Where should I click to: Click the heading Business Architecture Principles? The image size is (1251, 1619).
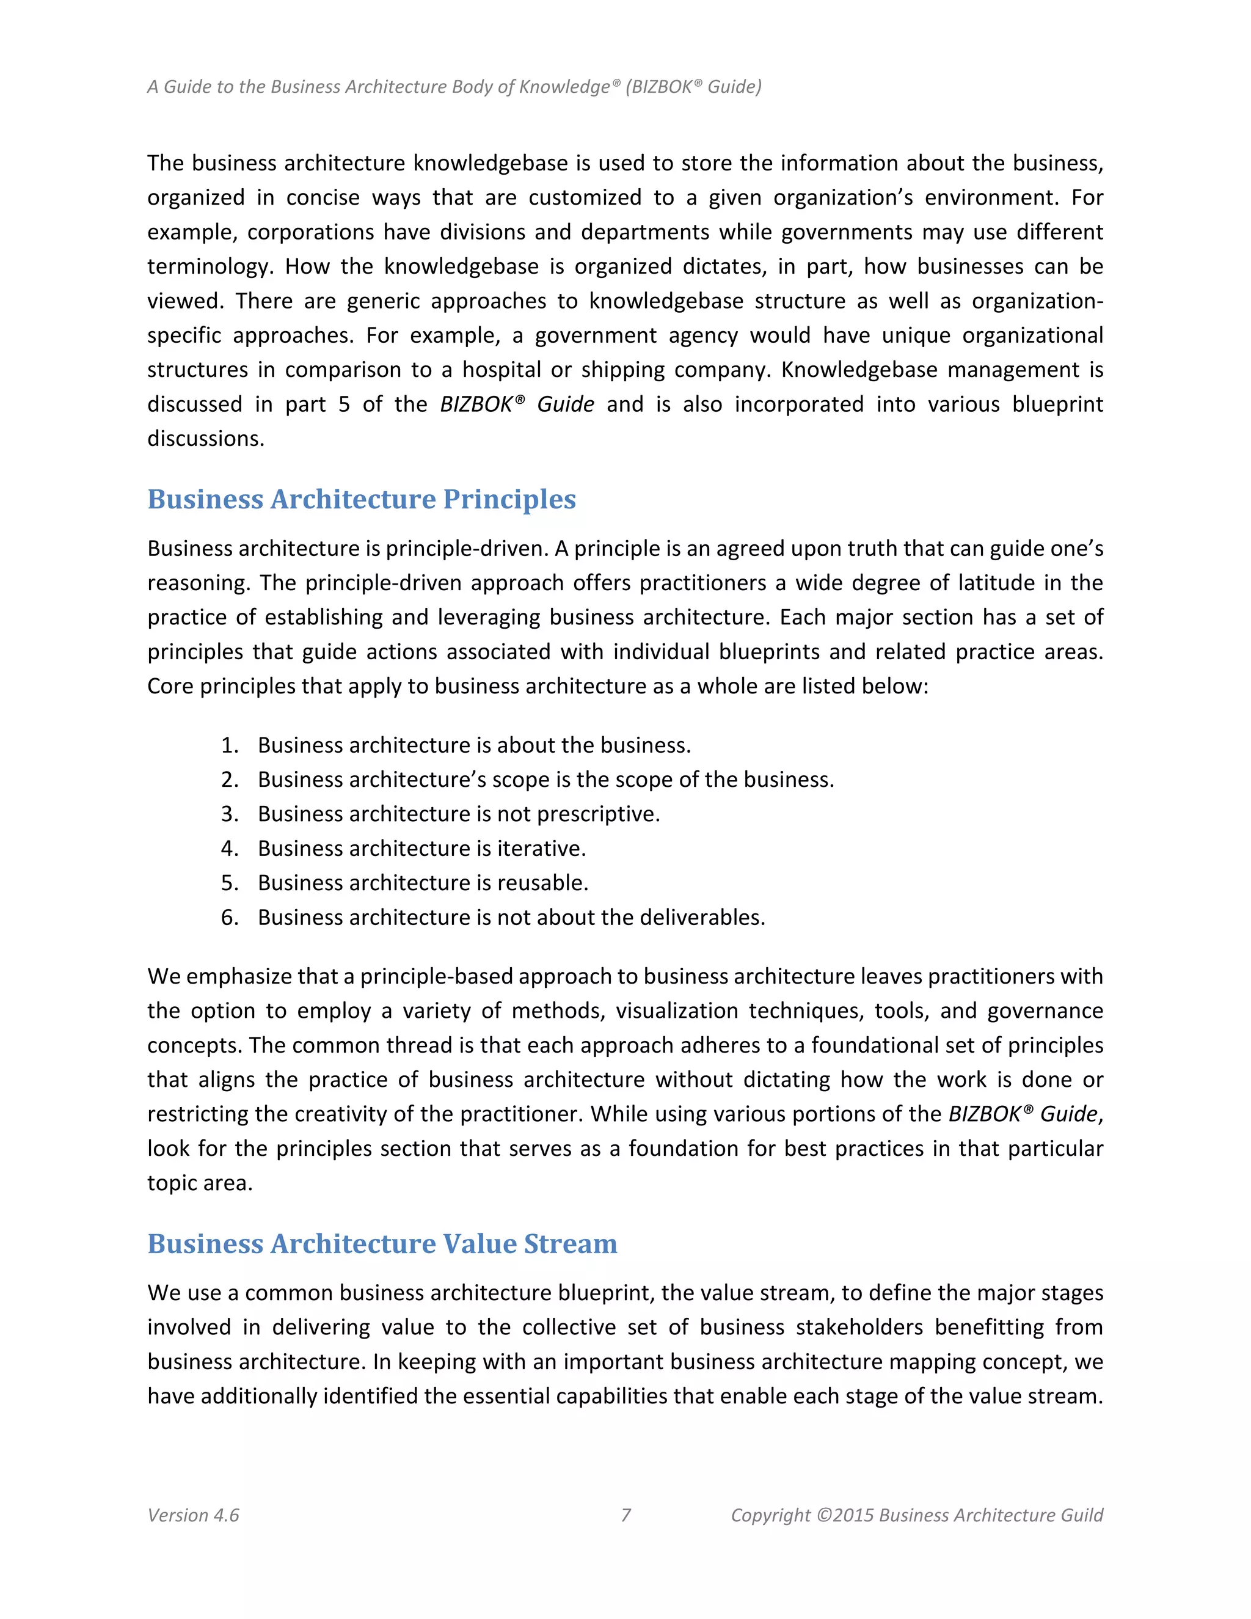(361, 499)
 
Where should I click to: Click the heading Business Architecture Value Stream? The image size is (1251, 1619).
(382, 1243)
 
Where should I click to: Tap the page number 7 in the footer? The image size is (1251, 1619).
(625, 1515)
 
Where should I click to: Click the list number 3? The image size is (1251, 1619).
(229, 814)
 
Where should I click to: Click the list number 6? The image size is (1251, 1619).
(229, 917)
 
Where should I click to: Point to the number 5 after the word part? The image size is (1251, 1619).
(344, 404)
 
